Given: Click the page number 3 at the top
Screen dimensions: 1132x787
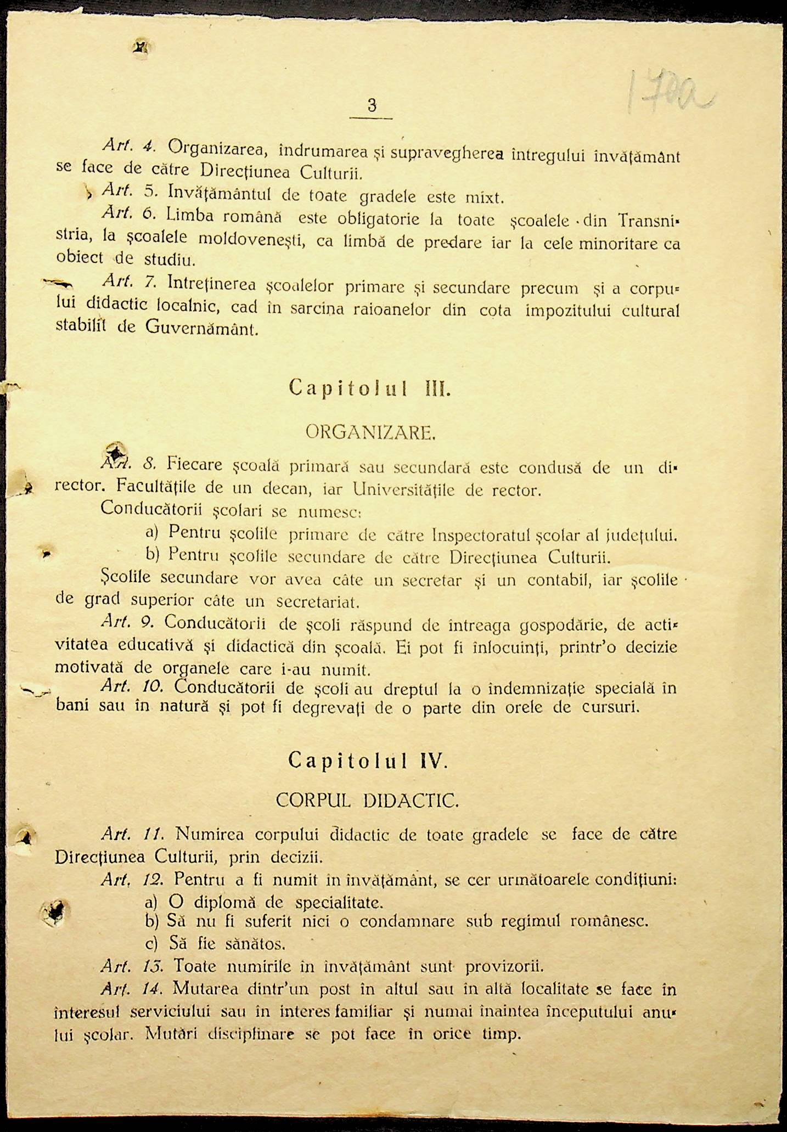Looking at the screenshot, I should tap(372, 105).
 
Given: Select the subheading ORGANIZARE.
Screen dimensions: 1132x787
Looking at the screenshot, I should tap(370, 433).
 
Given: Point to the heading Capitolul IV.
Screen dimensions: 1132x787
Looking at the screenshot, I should tap(368, 761).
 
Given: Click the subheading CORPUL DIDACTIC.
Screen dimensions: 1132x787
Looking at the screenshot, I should tap(367, 801).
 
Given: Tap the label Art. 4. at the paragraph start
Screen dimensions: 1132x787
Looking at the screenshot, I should tap(128, 146).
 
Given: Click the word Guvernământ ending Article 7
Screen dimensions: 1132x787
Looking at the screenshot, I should tap(202, 329).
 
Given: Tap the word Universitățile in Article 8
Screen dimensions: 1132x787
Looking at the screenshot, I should tap(404, 489).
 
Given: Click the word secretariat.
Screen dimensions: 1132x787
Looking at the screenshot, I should tap(318, 602).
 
